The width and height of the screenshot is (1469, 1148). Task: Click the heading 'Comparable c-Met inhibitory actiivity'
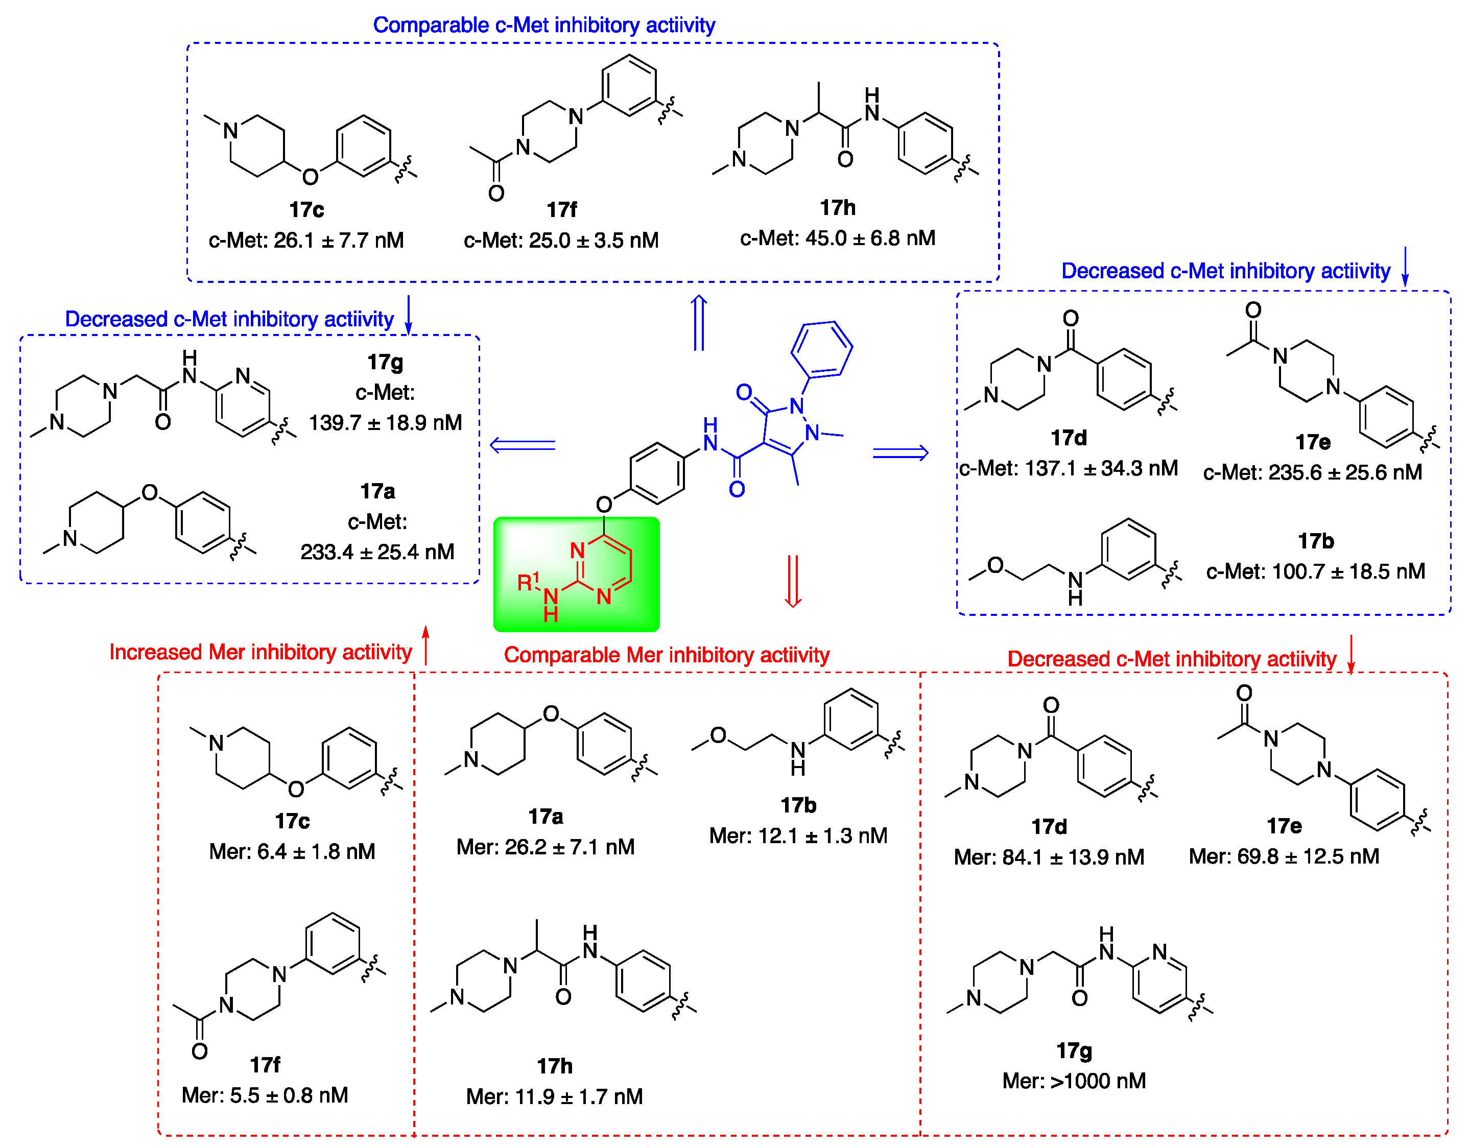click(543, 26)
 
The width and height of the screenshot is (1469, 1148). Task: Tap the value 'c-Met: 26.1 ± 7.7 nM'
click(306, 240)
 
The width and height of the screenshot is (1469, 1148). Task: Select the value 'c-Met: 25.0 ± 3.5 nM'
click(561, 240)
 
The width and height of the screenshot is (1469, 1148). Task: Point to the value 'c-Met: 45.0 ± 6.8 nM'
click(837, 238)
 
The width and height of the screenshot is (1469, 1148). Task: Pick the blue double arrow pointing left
click(523, 445)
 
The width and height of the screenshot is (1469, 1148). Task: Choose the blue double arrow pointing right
click(900, 454)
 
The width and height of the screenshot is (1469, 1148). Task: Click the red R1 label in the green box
click(528, 582)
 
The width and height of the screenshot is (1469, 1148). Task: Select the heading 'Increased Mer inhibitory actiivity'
click(260, 652)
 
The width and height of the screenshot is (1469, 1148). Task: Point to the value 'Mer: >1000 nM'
click(1074, 1081)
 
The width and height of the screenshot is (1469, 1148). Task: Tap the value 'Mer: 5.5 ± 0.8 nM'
click(265, 1095)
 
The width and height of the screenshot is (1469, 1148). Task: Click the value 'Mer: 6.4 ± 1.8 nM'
click(292, 851)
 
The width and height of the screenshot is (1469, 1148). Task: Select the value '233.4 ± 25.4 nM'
click(377, 552)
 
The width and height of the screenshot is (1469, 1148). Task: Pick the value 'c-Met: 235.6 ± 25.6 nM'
click(1312, 472)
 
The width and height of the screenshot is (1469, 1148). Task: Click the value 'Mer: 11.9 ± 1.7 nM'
click(554, 1097)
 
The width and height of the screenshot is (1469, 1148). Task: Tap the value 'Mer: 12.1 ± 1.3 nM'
click(798, 835)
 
